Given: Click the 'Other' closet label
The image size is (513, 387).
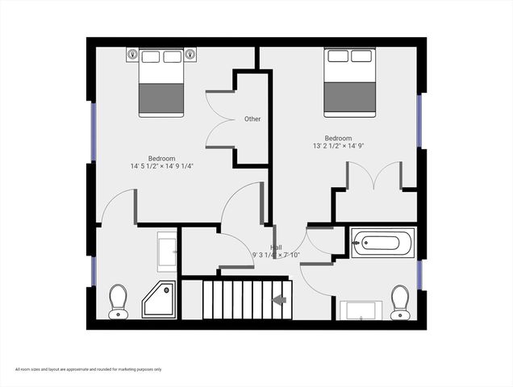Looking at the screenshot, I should click(x=252, y=119).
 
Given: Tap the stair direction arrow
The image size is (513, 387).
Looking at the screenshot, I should click(x=279, y=300).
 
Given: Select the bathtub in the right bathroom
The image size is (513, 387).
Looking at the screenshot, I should click(x=383, y=242).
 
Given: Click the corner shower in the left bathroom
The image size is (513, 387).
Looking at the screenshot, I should click(x=160, y=299).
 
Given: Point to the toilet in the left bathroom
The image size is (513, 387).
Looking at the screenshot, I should click(x=118, y=299).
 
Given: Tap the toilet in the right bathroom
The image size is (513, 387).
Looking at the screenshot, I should click(x=398, y=302).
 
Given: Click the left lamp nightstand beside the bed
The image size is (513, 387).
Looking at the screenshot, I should click(x=133, y=55).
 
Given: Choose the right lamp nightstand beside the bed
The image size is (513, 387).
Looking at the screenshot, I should click(x=190, y=55).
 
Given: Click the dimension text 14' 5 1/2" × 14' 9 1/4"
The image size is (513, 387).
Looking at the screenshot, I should click(x=162, y=166).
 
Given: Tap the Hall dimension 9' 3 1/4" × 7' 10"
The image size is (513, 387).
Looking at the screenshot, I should click(x=276, y=255).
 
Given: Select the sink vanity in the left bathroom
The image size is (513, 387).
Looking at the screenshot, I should click(x=167, y=251).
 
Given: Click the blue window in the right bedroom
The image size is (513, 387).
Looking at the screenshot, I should click(x=419, y=121).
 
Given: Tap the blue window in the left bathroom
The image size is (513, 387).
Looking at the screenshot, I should click(x=94, y=269).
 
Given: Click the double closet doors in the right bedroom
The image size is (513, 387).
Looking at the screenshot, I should click(x=374, y=176).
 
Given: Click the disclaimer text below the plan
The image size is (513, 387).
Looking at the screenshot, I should click(x=89, y=369).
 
